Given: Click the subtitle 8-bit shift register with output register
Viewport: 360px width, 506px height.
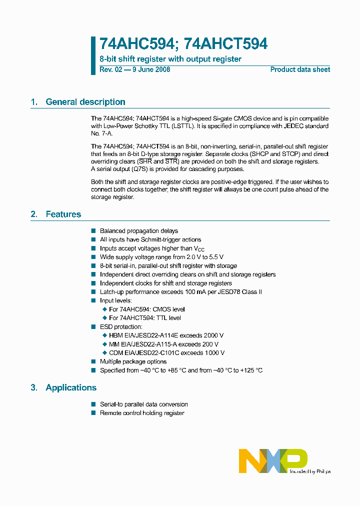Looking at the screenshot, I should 170,59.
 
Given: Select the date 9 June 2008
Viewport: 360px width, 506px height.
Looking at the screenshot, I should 151,69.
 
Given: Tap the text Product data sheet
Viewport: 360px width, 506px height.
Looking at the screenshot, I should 300,69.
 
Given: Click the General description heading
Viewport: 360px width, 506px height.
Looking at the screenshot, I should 85,102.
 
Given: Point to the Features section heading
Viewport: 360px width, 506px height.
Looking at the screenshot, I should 63,214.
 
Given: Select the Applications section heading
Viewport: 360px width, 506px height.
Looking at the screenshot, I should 70,387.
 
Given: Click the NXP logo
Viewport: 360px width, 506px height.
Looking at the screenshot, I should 272,460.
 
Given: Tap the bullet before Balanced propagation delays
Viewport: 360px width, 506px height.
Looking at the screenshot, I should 93,231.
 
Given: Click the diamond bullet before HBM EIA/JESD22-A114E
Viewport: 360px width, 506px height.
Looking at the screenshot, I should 105,335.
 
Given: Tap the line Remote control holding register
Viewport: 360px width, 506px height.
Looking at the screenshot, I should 142,413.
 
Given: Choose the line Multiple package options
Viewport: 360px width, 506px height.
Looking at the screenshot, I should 133,361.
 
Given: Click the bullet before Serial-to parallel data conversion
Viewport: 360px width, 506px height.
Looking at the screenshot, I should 93,404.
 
